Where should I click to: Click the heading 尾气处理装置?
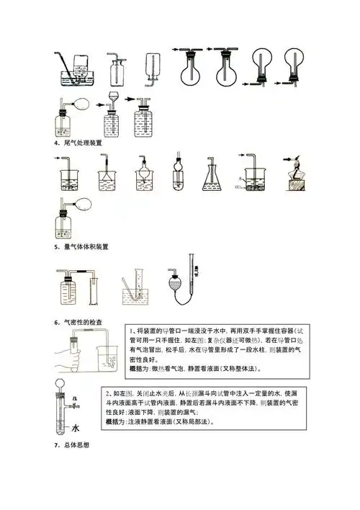pos(81,143)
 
